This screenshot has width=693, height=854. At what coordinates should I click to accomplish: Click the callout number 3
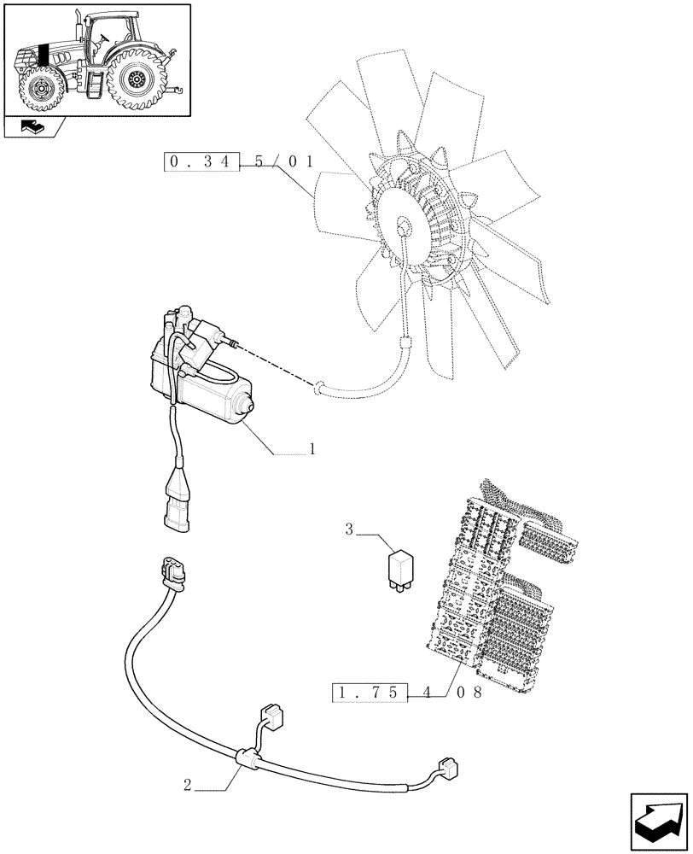348,530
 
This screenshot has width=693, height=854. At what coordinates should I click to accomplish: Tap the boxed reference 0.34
199,161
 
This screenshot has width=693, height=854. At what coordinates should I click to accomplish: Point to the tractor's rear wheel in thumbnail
134,80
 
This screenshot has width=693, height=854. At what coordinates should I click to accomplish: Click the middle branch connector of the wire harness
271,716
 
